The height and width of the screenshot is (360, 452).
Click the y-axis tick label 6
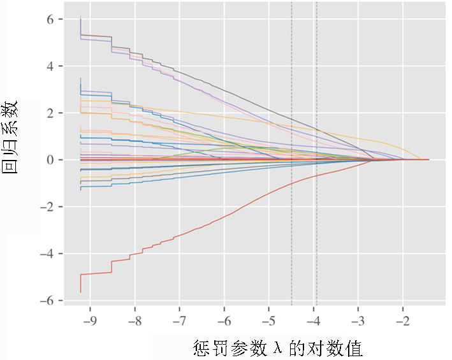tap(50, 19)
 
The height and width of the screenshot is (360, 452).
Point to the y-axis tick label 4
tap(50, 66)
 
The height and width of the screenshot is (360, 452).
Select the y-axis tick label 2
tap(50, 113)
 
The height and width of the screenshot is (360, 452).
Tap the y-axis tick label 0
tap(50, 160)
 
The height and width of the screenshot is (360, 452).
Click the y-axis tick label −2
tap(47, 207)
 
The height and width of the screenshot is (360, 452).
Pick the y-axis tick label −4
tap(47, 254)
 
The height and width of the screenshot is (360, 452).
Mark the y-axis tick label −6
tap(47, 301)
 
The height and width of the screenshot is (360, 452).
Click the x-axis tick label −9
tap(90, 320)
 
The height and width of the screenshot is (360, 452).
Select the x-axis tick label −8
tap(135, 320)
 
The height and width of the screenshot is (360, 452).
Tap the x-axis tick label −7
tap(179, 320)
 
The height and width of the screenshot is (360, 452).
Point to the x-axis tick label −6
tap(224, 320)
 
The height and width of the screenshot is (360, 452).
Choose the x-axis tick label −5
tap(268, 320)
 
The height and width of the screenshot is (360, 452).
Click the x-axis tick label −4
tap(314, 320)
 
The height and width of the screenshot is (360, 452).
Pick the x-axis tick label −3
tap(358, 320)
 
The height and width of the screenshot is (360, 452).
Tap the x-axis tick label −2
tap(403, 320)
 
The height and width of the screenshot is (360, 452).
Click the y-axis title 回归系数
tap(10, 137)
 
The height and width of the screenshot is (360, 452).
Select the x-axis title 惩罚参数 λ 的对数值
tap(277, 348)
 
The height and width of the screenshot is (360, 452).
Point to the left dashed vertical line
tap(292, 154)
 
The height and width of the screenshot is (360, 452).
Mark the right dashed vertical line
tap(316, 154)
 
